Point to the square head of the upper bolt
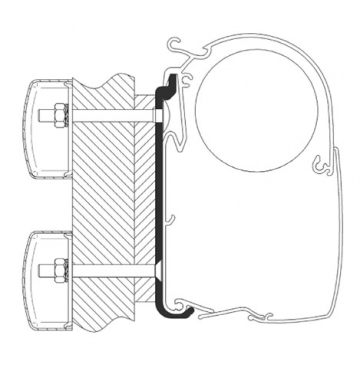click(158, 116)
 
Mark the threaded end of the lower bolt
click(44, 270)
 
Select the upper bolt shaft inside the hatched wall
click(110, 115)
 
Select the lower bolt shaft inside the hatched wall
click(110, 270)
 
